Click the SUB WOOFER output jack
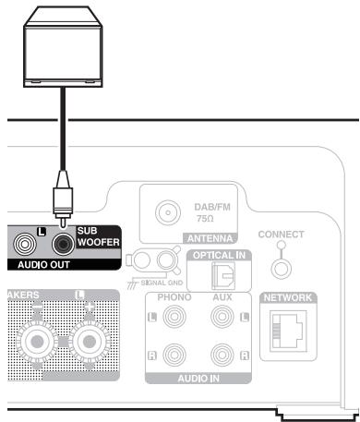click(x=63, y=244)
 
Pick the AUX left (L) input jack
click(x=222, y=320)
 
